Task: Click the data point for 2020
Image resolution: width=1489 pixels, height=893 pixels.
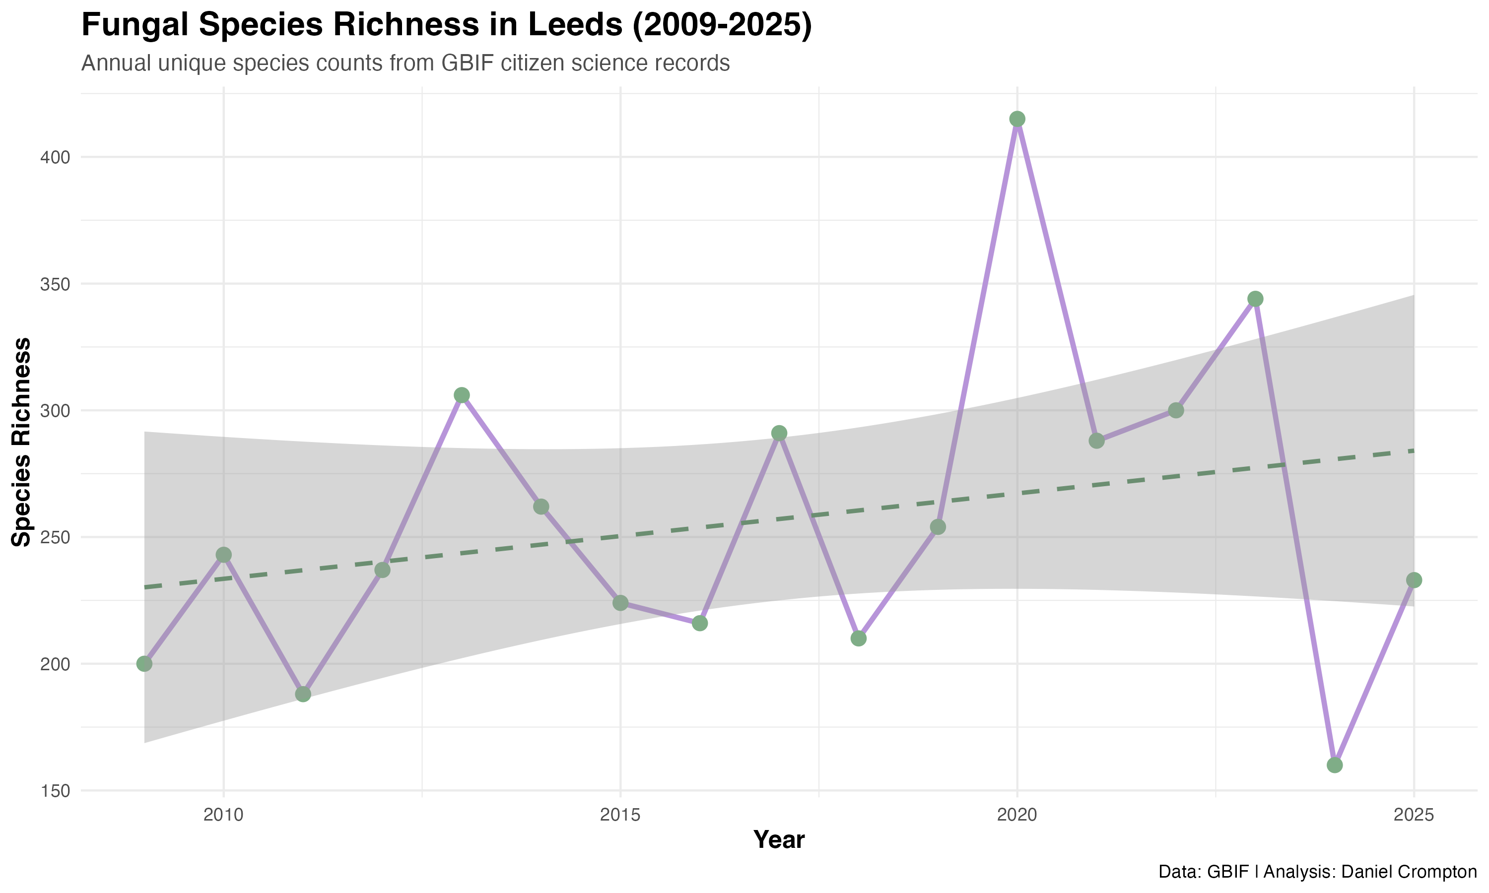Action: pos(1016,119)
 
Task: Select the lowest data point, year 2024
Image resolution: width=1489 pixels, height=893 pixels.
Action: pos(1334,765)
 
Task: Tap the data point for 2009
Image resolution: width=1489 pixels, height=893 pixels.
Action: pos(144,664)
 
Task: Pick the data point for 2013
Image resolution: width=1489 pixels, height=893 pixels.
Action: pos(462,395)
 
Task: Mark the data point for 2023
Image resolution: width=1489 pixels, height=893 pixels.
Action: pos(1255,299)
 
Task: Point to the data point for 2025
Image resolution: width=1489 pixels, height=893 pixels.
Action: pos(1414,580)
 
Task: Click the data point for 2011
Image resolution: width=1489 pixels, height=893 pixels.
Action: pos(303,694)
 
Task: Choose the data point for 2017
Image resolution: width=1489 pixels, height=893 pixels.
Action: pos(779,433)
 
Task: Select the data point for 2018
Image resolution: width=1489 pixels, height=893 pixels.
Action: pos(859,638)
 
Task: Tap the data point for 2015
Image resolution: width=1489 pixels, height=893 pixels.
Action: pos(620,603)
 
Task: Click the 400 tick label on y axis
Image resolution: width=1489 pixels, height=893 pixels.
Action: pos(56,158)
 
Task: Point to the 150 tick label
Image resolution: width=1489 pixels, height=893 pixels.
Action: pos(56,791)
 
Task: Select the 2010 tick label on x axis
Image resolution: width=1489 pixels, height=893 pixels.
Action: pos(223,816)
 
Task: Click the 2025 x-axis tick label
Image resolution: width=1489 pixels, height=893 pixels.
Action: pos(1414,816)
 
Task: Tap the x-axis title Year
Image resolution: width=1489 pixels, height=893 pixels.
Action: pos(779,840)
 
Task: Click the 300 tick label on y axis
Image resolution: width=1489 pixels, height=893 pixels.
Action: pos(56,411)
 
